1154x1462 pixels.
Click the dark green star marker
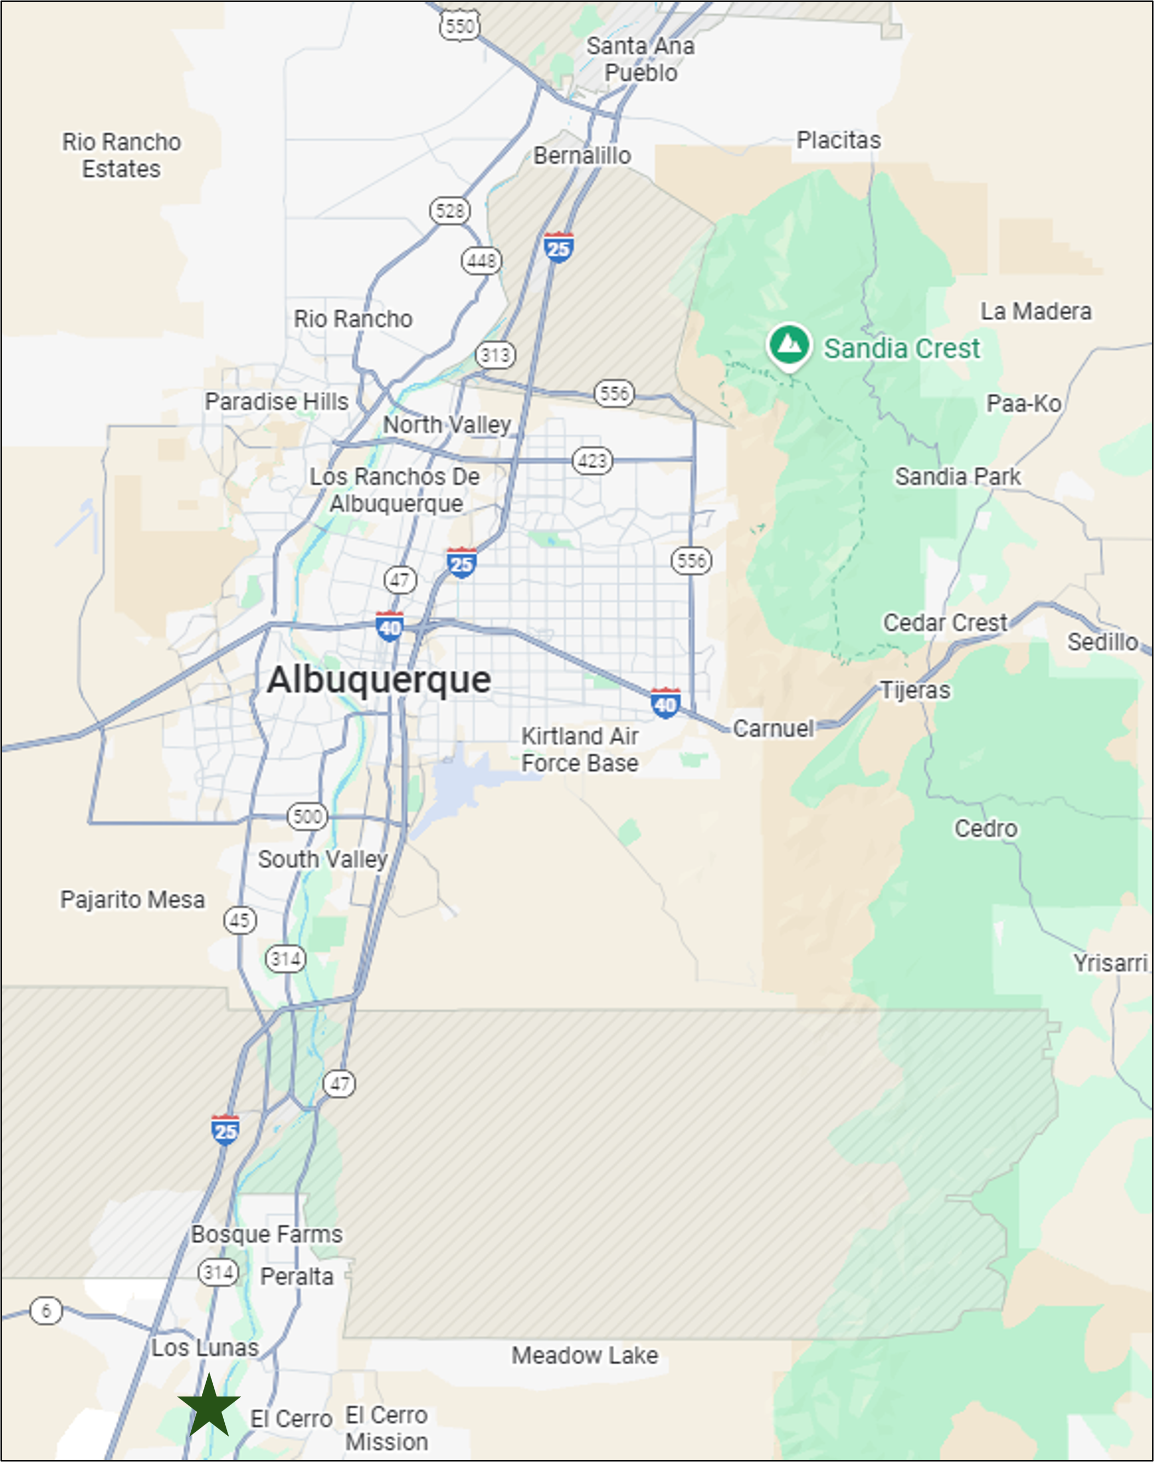click(209, 1407)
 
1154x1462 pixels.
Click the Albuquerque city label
click(379, 680)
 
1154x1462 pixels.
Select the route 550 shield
click(460, 26)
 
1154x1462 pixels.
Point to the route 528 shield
click(450, 211)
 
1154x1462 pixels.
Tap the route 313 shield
click(495, 355)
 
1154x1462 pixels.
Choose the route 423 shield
click(593, 461)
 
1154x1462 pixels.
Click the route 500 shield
click(308, 817)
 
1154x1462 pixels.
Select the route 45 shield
click(240, 920)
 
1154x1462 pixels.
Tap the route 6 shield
click(46, 1311)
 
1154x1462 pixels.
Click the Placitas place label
click(838, 140)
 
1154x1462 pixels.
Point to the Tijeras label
click(916, 691)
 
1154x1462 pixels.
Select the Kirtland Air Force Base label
click(579, 749)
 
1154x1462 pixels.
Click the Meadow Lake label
click(584, 1355)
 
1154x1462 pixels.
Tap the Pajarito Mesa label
click(133, 900)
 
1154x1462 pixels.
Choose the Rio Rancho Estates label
click(122, 155)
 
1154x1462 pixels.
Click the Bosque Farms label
click(267, 1235)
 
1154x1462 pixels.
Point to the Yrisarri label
click(1110, 963)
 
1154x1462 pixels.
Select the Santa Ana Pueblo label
click(640, 59)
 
